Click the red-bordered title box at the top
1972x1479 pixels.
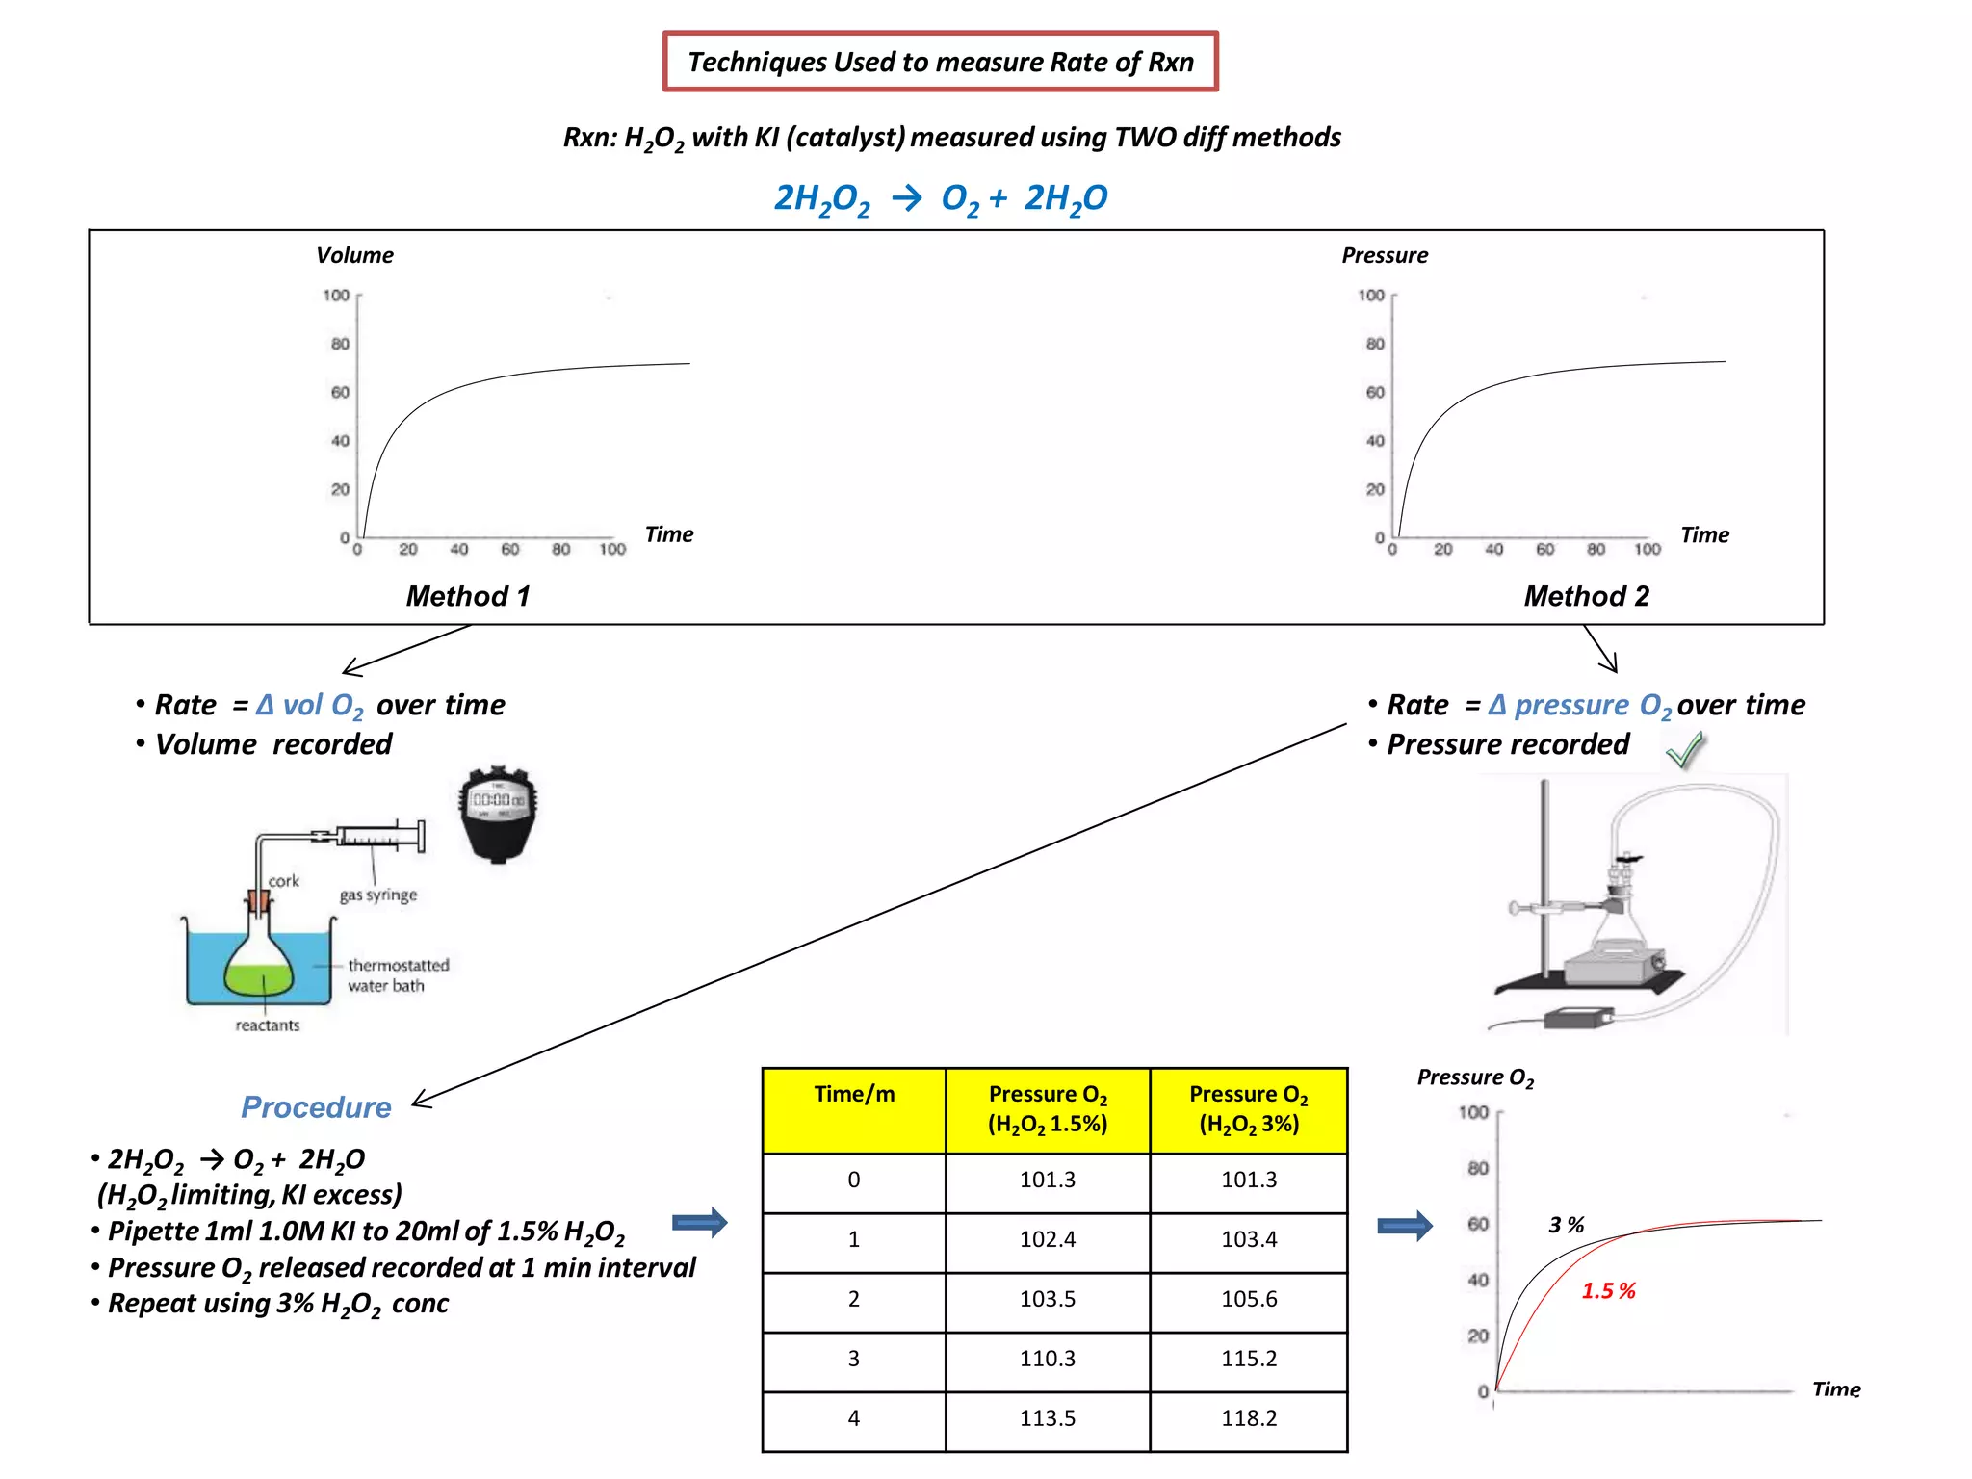point(940,62)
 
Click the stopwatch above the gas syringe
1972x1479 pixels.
point(498,814)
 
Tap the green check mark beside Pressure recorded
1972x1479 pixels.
point(1685,750)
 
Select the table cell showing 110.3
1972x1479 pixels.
point(1047,1359)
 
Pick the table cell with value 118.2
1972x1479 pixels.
point(1248,1418)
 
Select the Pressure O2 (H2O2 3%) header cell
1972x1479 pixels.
point(1248,1108)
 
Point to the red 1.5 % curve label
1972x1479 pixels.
point(1608,1290)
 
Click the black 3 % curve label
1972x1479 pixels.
point(1566,1225)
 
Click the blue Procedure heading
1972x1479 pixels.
point(316,1107)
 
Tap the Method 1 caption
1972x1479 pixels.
point(468,596)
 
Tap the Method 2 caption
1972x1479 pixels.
point(1586,596)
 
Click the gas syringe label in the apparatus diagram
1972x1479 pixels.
point(378,895)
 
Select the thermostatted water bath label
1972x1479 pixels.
point(398,974)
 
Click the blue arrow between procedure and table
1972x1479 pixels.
point(700,1223)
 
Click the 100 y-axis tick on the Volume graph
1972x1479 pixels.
point(336,296)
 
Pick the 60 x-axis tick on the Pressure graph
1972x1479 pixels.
point(1544,549)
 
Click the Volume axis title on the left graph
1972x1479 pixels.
point(354,255)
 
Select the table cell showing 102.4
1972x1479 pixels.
point(1047,1239)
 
